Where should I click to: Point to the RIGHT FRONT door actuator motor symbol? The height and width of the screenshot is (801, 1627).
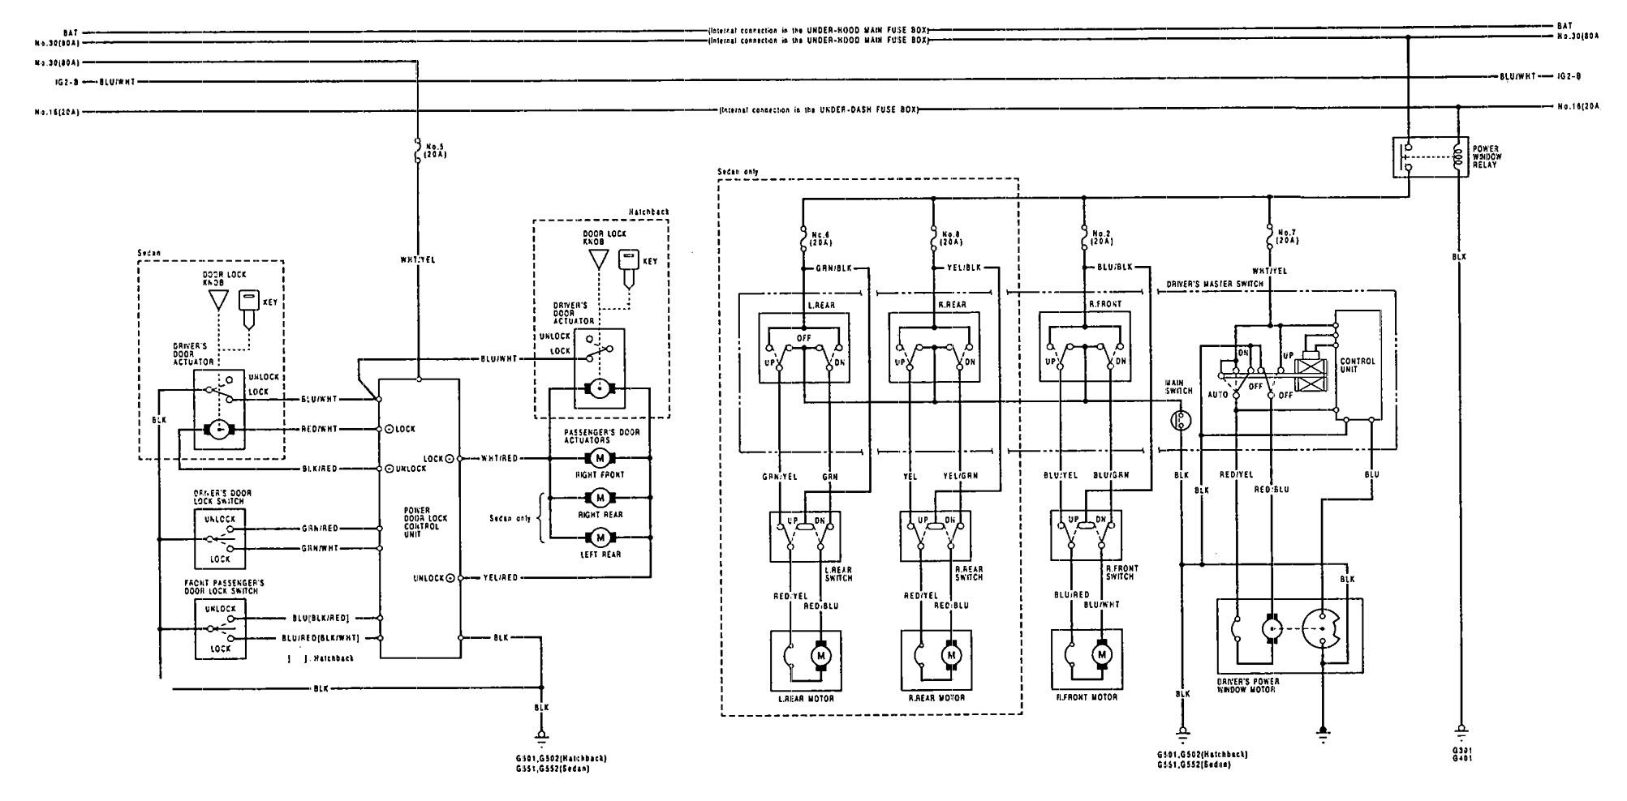(x=601, y=458)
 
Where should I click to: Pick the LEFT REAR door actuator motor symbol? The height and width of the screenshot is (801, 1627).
(x=601, y=538)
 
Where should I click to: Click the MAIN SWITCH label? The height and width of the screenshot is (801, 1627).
(x=1179, y=386)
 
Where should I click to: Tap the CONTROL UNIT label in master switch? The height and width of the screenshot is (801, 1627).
(x=1357, y=366)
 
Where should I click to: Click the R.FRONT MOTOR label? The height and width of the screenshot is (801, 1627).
(x=1088, y=697)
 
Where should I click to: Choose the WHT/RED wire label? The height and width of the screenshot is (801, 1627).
(x=499, y=459)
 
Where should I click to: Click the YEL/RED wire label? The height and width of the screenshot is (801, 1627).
(x=499, y=578)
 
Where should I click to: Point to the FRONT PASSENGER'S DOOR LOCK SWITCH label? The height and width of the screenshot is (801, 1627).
(x=224, y=587)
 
